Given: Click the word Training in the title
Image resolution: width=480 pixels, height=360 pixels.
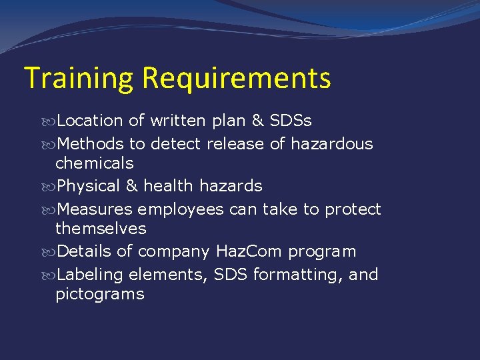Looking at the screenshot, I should (x=79, y=79).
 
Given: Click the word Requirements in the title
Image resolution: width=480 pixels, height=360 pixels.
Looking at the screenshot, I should (x=236, y=79).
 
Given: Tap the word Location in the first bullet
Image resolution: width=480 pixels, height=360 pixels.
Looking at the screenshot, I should (x=90, y=121).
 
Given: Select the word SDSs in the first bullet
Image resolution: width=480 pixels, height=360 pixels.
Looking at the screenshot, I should (x=291, y=121).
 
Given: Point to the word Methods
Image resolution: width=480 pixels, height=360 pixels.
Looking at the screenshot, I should (x=91, y=143).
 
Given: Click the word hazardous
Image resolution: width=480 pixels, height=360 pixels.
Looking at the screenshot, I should (x=331, y=143).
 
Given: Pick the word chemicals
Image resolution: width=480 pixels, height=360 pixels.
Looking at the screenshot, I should (x=95, y=163).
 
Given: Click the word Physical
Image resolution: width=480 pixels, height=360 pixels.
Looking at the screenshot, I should (x=90, y=185).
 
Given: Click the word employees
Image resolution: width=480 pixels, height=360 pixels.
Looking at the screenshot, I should (x=181, y=209).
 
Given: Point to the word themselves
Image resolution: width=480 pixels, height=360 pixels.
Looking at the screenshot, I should (x=101, y=228).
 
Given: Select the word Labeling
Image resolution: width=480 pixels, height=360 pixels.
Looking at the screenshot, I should (x=90, y=274).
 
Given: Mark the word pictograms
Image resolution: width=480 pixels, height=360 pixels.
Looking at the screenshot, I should (x=100, y=293).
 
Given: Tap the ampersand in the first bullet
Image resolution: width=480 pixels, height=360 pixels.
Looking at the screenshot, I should (x=257, y=121).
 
